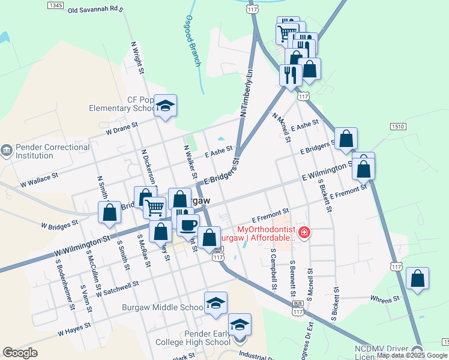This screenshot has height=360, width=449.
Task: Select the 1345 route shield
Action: [x=55, y=5]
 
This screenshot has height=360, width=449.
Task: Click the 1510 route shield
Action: [x=398, y=127]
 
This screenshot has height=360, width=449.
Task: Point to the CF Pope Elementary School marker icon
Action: [x=165, y=107]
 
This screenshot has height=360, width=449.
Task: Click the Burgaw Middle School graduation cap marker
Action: [x=215, y=304]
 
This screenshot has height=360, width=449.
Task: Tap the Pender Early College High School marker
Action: [x=240, y=325]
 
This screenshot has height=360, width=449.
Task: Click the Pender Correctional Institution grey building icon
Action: [x=7, y=149]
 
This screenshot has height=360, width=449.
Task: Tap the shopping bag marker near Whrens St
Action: [x=417, y=279]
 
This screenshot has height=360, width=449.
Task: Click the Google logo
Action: [x=20, y=353]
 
